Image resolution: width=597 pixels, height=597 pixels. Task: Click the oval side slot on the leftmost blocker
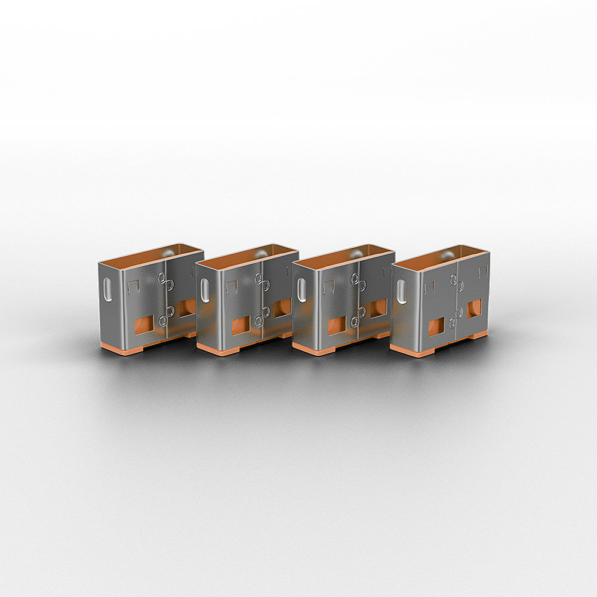(x=107, y=291)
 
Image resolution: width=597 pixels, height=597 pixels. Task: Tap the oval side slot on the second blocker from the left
(x=205, y=290)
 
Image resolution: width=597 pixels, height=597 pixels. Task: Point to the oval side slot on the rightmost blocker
(x=401, y=292)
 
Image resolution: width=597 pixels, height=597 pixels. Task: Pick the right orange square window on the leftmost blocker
(x=187, y=307)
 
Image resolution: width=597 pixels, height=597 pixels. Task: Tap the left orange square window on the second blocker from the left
(x=241, y=325)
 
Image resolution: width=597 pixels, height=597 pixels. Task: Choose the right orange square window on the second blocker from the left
(x=283, y=307)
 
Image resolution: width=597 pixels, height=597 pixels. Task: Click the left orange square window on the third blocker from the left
(x=337, y=325)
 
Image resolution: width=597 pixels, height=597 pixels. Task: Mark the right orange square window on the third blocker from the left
(x=378, y=308)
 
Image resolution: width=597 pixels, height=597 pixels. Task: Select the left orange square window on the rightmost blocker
(x=436, y=326)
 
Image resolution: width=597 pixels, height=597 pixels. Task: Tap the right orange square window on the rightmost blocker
(x=474, y=308)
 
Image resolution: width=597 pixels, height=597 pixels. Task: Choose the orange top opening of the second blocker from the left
(x=246, y=255)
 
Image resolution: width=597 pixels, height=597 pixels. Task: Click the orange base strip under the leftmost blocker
(x=119, y=348)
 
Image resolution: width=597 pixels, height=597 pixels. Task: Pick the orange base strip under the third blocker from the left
(x=313, y=349)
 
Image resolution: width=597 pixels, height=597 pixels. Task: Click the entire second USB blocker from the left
(x=247, y=298)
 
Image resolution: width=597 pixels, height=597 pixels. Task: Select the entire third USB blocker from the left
(x=343, y=298)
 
